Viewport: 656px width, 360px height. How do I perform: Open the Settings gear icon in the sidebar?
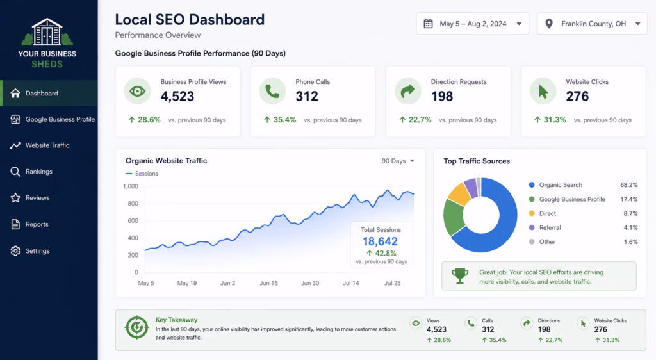(15, 251)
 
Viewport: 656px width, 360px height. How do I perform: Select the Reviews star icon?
(15, 198)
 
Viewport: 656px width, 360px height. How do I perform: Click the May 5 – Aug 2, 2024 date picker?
(472, 24)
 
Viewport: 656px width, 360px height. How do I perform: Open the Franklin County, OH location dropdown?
(592, 24)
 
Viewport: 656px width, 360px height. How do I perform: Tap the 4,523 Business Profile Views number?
(177, 96)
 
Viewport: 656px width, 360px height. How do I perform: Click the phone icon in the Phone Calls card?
(272, 91)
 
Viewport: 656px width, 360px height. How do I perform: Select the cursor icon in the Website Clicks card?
(543, 91)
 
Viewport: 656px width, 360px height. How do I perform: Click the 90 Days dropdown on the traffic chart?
(398, 161)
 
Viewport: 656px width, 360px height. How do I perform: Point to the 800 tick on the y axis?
(133, 204)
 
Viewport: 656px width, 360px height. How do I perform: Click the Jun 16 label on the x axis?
(268, 283)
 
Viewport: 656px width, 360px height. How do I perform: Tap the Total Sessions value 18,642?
(381, 241)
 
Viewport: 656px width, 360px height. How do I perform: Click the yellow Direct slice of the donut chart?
(459, 194)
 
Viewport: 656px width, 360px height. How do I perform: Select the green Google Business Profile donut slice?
(454, 217)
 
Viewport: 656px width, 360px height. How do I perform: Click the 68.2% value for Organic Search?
(629, 185)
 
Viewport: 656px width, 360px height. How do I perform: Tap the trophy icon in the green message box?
(460, 276)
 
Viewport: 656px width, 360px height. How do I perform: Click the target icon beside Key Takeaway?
(137, 327)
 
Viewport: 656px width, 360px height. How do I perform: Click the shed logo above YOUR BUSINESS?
(47, 32)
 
